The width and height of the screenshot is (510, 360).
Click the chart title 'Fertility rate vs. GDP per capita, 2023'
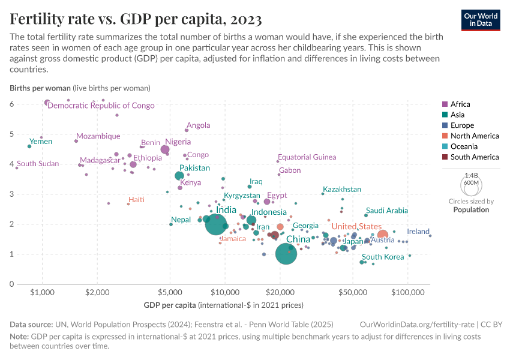[136, 20]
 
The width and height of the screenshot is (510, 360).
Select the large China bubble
[287, 254]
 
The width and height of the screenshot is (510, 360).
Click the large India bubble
[216, 224]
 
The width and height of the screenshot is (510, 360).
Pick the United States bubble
[382, 235]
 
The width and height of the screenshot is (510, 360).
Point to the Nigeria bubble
[165, 149]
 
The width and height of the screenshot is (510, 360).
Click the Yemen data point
[29, 146]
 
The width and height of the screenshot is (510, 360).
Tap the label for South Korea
[383, 257]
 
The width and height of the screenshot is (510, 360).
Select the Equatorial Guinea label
[307, 157]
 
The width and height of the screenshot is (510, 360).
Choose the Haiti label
[136, 199]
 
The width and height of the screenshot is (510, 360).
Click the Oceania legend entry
[463, 146]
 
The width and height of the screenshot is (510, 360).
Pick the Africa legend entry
[460, 104]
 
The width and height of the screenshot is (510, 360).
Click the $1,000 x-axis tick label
[42, 292]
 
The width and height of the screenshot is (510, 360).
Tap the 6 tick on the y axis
[11, 104]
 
